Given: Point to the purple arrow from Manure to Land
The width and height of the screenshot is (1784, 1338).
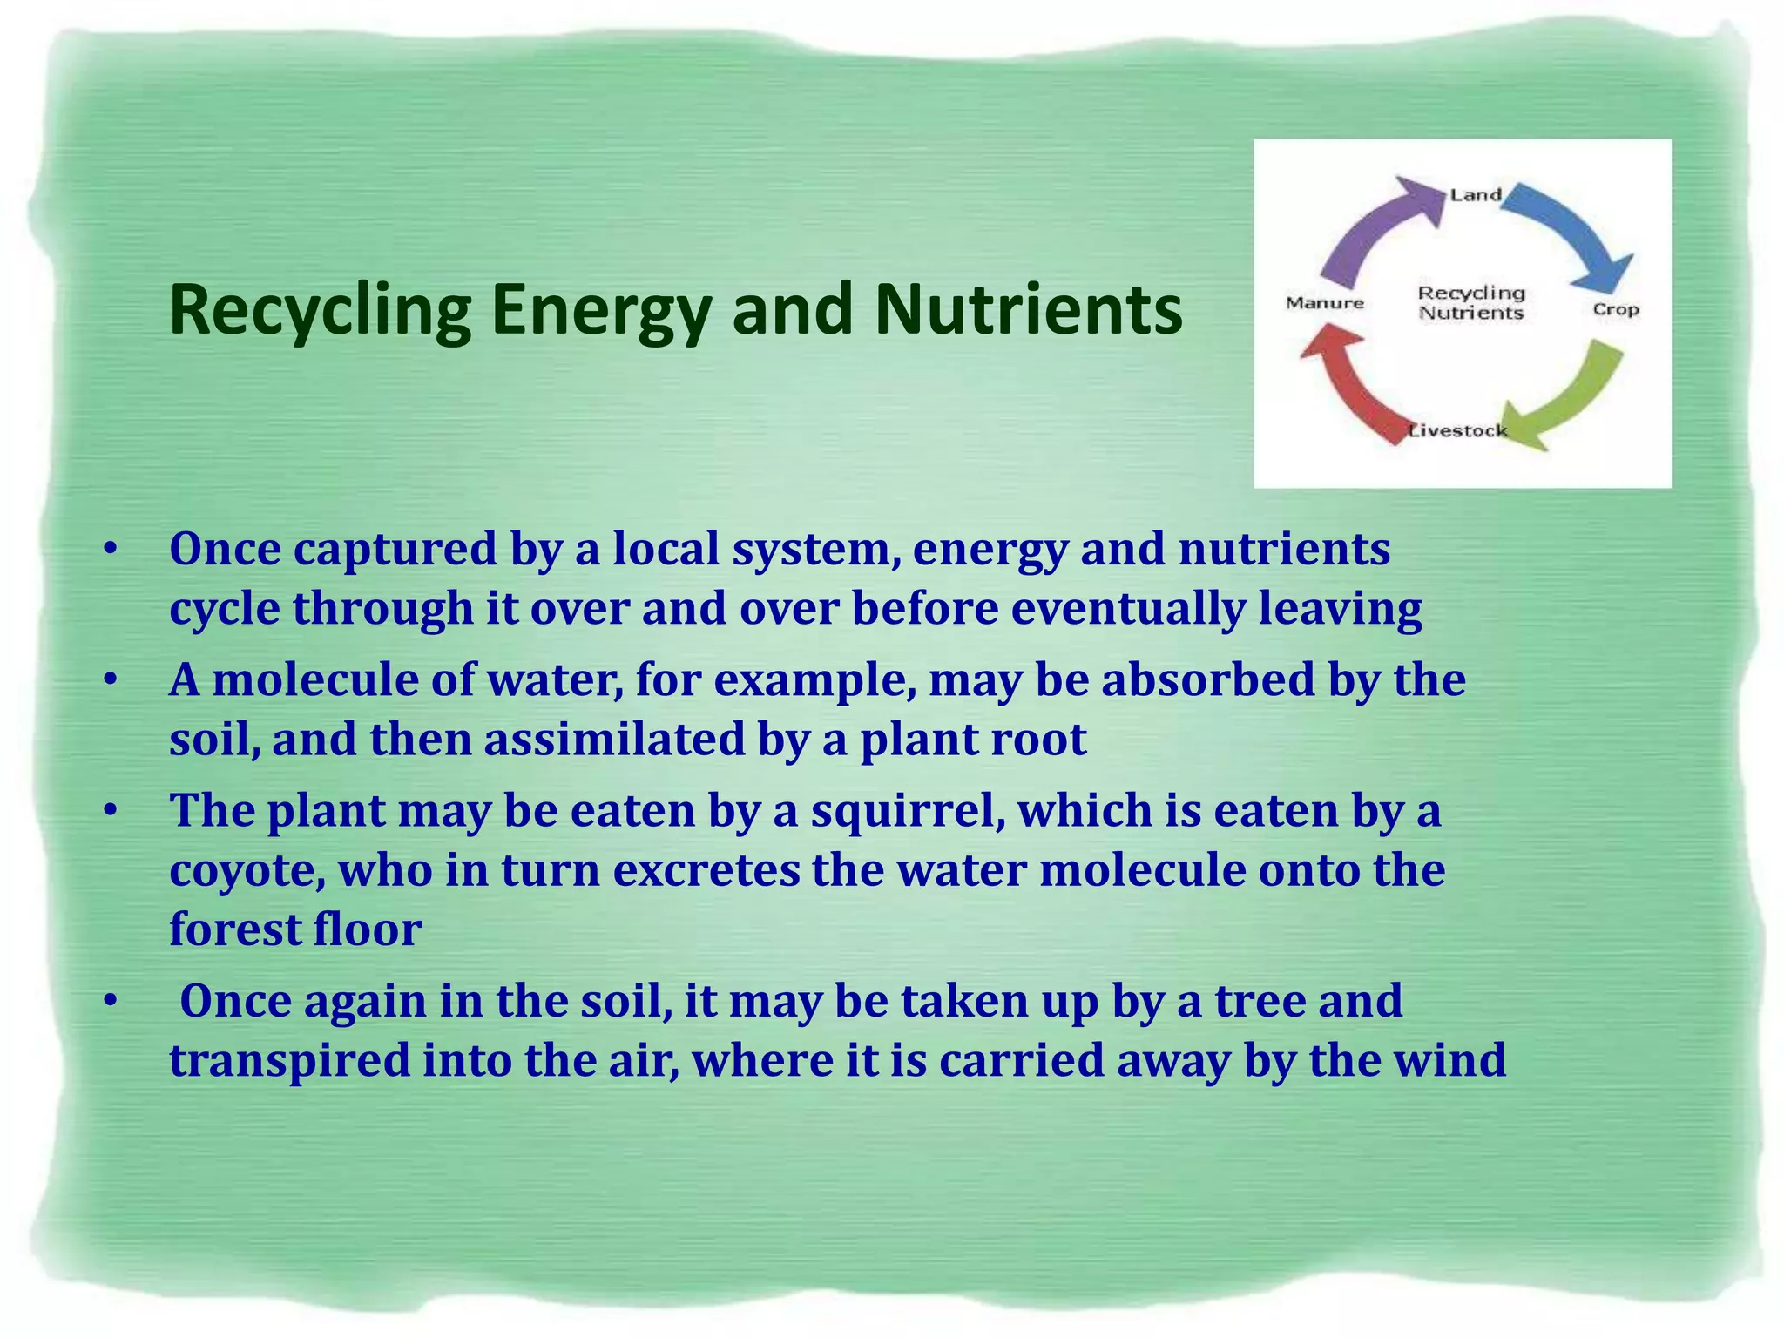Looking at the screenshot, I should (x=1376, y=227).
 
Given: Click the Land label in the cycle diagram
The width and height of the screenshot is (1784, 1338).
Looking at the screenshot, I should (x=1475, y=195).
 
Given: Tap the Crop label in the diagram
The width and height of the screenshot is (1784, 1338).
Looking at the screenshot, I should (x=1616, y=309).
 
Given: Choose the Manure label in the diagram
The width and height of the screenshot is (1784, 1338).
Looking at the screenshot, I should (x=1325, y=303).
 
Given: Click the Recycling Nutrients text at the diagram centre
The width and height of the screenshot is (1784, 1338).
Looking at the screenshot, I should (x=1471, y=303).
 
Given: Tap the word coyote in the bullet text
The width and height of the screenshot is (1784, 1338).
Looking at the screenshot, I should (x=247, y=870).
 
